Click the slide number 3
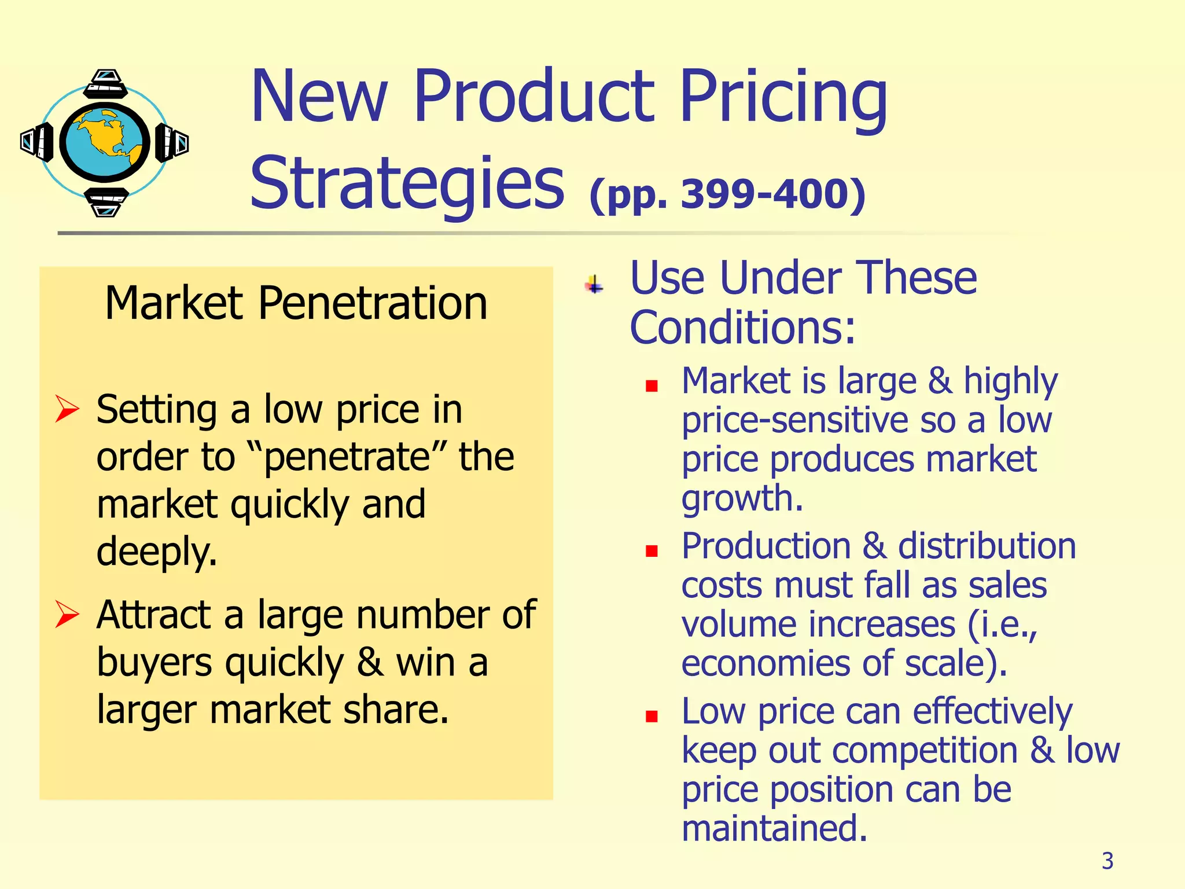click(x=1107, y=861)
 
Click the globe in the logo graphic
click(x=105, y=142)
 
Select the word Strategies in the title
click(x=407, y=184)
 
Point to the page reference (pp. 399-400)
click(x=727, y=194)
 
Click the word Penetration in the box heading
click(x=372, y=303)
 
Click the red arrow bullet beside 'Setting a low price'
click(x=67, y=409)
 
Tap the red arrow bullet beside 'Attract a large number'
click(x=67, y=614)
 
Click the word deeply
click(x=157, y=551)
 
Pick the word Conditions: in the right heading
click(x=742, y=328)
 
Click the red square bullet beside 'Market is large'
click(x=652, y=386)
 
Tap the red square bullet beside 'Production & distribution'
click(x=652, y=551)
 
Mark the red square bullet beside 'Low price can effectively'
click(x=652, y=717)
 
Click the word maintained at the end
click(x=774, y=828)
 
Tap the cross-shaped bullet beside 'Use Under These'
click(x=594, y=285)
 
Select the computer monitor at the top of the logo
click(x=106, y=83)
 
